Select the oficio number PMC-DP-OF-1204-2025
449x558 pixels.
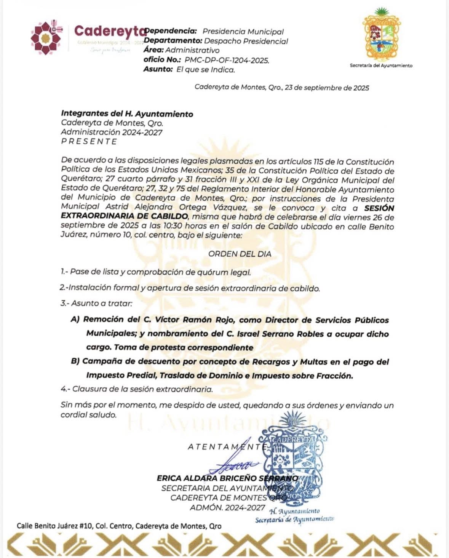coord(227,60)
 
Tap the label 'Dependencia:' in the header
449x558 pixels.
coord(171,31)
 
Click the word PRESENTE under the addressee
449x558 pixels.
coord(89,141)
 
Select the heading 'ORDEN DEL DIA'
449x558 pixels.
coord(240,254)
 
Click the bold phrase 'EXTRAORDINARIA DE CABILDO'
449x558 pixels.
coord(125,217)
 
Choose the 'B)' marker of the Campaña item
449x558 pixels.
coord(75,361)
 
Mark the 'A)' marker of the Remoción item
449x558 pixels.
coord(75,320)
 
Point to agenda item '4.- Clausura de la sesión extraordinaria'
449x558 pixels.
coord(136,389)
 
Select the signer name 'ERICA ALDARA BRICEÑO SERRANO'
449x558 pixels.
coord(227,478)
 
